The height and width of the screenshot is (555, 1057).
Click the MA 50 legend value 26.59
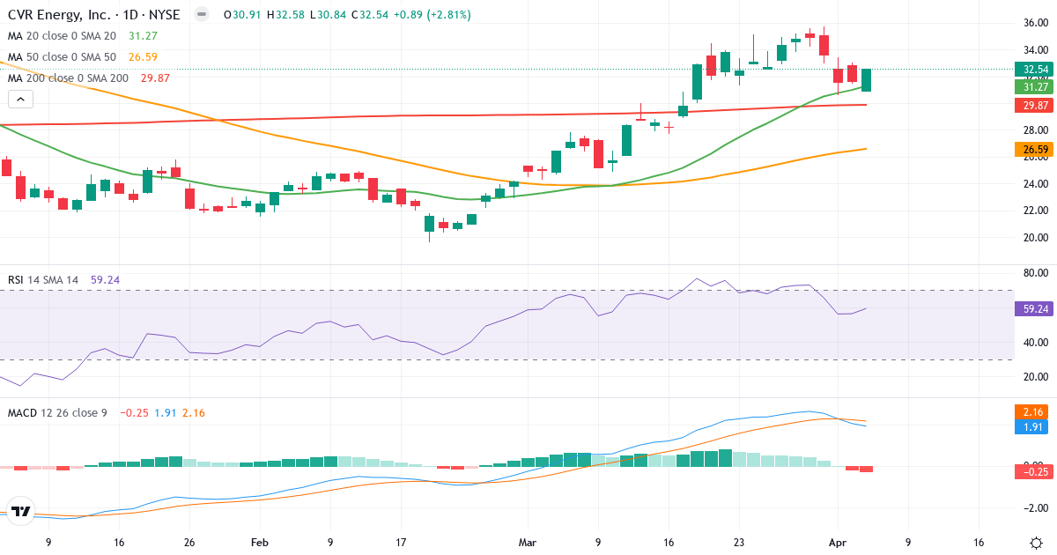[143, 57]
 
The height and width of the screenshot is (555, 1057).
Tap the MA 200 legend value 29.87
[155, 78]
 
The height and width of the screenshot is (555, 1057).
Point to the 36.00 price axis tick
[1029, 23]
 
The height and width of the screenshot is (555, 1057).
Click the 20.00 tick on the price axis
[1029, 237]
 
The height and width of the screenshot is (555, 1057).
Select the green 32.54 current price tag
[1032, 70]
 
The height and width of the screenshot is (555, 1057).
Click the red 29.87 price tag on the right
[1032, 106]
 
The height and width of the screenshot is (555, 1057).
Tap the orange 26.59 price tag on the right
[1032, 150]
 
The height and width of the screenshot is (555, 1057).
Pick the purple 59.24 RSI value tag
[1032, 309]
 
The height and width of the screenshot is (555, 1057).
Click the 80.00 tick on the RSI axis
[1029, 273]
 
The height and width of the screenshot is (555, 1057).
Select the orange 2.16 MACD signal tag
[1032, 411]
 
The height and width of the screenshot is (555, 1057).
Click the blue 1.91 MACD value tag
[1032, 426]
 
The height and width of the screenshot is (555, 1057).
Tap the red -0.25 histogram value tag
[1032, 471]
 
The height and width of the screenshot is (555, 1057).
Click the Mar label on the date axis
[528, 543]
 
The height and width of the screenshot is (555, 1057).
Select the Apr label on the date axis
[838, 543]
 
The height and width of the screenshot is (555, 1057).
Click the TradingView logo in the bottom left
[22, 511]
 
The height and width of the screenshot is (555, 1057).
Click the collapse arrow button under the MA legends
[20, 99]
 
